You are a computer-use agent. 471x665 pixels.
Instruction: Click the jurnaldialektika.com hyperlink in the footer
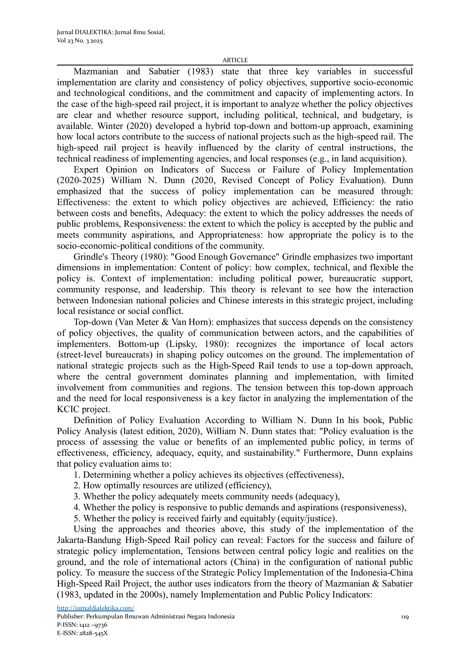point(95,608)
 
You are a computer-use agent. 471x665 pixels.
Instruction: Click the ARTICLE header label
point(235,60)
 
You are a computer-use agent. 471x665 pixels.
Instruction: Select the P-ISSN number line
point(82,625)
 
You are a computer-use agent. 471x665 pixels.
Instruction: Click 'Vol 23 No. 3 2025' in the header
point(80,41)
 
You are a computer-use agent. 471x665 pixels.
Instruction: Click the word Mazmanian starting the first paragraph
point(96,72)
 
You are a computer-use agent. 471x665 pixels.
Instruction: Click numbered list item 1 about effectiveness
point(209,475)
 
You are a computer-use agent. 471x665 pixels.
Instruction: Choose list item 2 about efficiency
point(173,486)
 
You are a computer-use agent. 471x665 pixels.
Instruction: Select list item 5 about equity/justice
point(205,519)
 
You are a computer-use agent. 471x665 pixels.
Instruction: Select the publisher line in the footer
point(146,616)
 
